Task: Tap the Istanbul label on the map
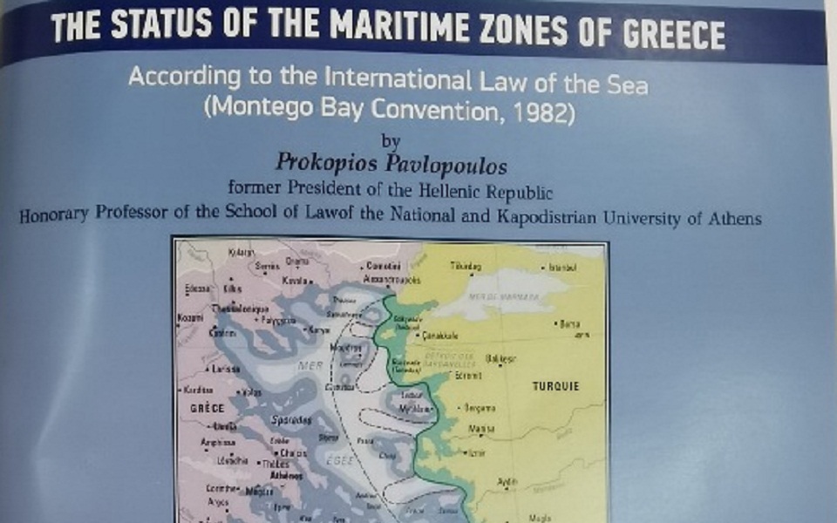point(561,268)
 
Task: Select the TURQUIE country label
point(555,385)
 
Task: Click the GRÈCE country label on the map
point(203,408)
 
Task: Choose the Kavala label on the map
point(294,281)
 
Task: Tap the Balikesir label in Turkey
point(500,357)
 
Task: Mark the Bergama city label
point(480,408)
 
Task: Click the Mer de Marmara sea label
point(500,296)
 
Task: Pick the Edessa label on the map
point(196,287)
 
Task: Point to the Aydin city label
point(506,481)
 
